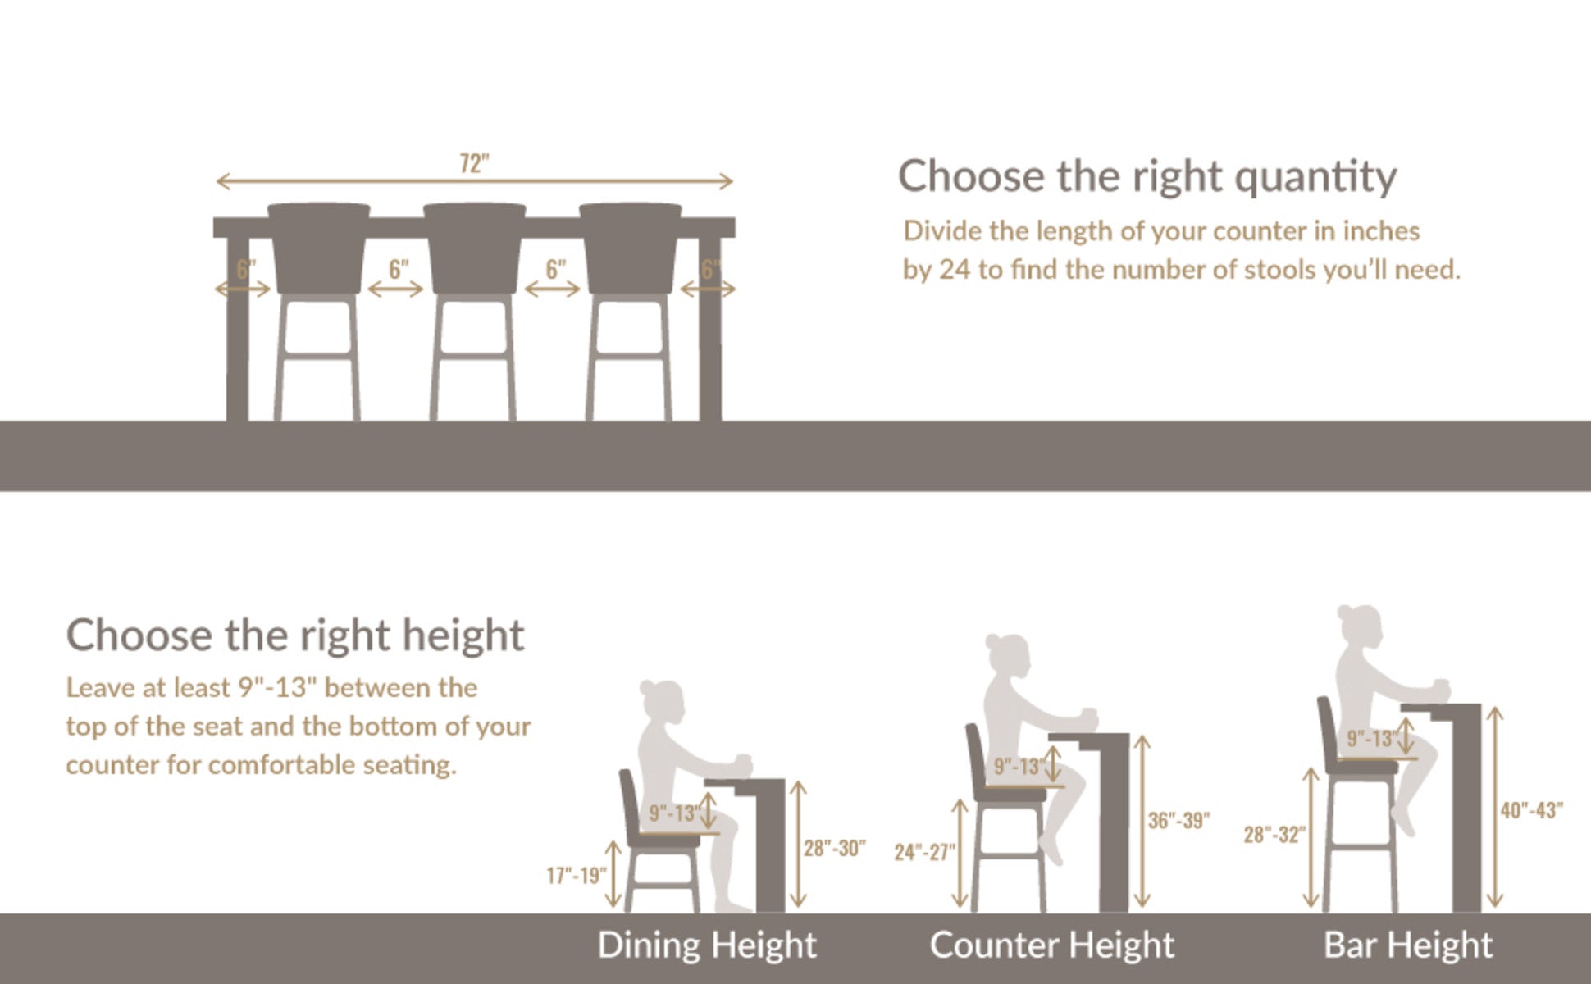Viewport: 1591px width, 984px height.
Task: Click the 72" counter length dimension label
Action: (x=474, y=163)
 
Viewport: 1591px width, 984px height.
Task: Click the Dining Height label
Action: (x=707, y=945)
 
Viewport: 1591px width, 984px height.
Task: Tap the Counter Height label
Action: (x=1052, y=945)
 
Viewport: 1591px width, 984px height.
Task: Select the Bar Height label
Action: (x=1408, y=945)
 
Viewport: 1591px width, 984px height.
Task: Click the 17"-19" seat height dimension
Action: (x=577, y=876)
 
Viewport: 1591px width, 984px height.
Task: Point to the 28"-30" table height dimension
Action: (x=834, y=848)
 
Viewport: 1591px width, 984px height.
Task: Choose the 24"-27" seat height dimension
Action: (x=925, y=852)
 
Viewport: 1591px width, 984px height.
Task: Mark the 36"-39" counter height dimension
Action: (x=1178, y=820)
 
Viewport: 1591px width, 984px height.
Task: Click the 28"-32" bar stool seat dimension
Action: (x=1274, y=835)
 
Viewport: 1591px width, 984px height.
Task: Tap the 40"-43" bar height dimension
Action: (x=1531, y=810)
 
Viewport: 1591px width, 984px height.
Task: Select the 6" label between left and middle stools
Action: (x=399, y=268)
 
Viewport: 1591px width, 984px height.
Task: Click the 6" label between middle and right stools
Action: (x=556, y=268)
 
